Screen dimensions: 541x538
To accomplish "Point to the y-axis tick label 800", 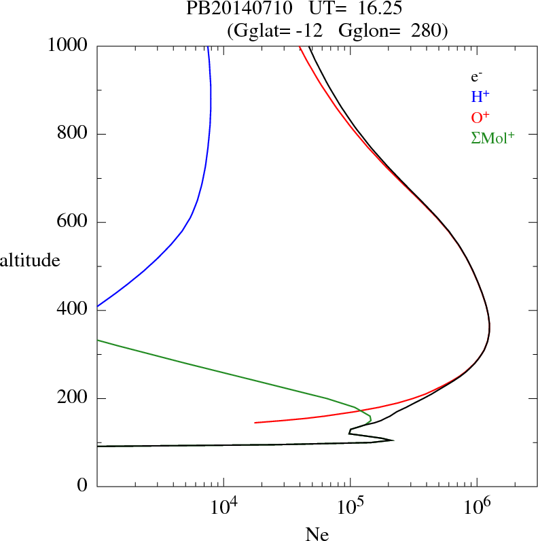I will click(73, 134).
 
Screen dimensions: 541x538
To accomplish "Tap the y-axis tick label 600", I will click(73, 222).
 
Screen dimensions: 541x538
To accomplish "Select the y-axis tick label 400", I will click(73, 310).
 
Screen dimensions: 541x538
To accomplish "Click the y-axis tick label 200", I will click(73, 398).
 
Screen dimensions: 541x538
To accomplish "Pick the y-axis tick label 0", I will click(83, 486).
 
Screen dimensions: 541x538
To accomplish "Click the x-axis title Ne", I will click(317, 534).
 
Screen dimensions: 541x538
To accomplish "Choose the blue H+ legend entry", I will click(480, 97).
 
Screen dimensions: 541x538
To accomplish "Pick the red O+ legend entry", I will click(480, 117).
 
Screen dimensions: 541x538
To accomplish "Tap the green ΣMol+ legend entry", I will click(492, 137).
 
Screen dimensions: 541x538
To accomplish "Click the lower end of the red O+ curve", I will click(255, 423).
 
